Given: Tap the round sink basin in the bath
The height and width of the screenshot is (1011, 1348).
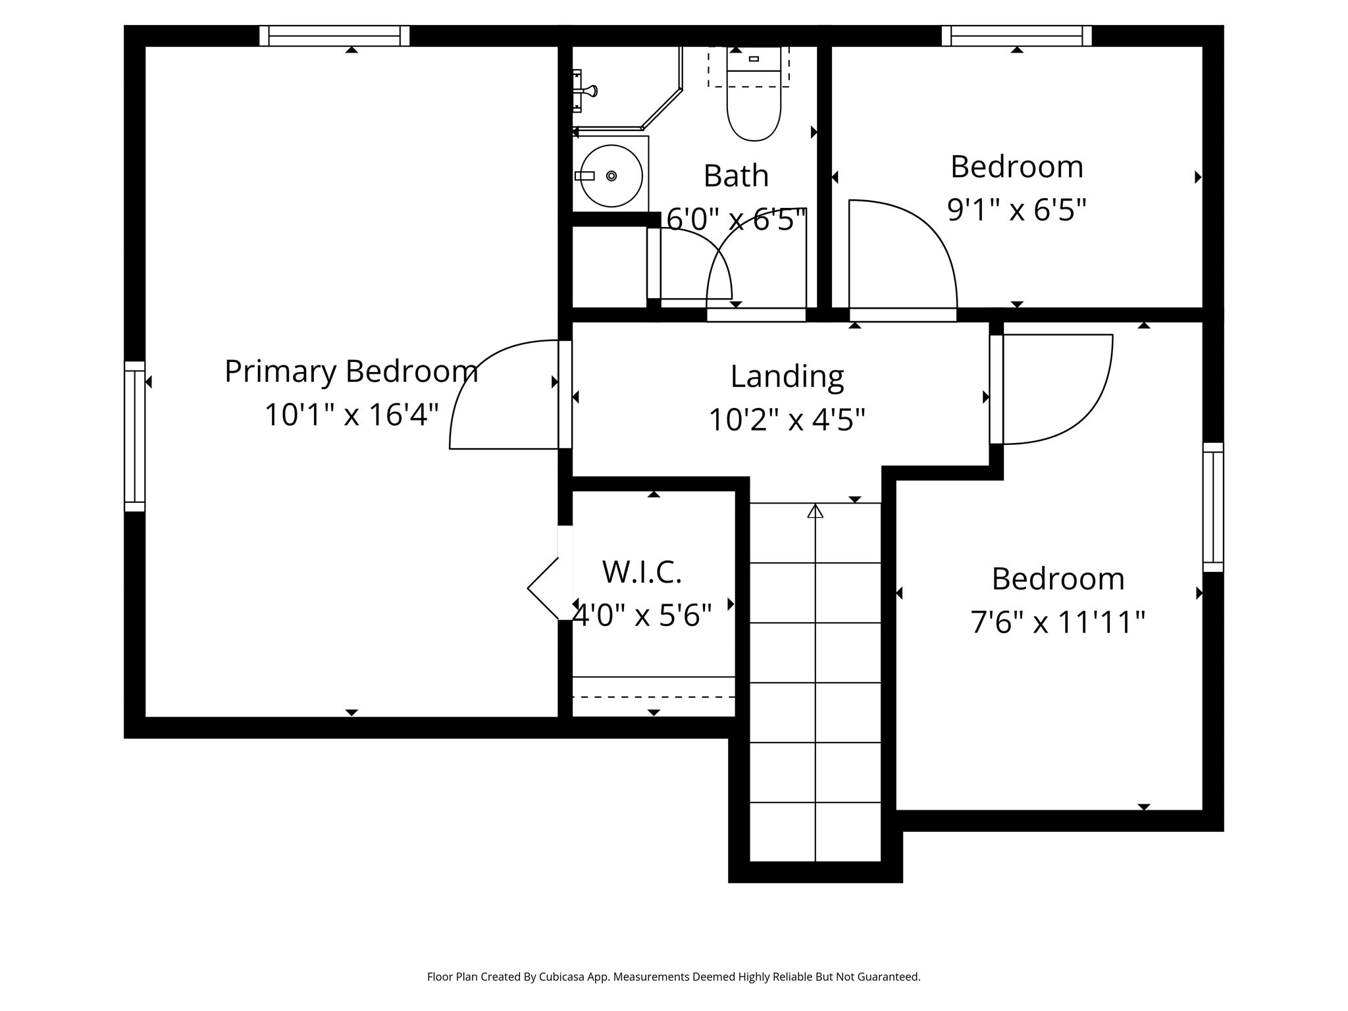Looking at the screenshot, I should coord(611,176).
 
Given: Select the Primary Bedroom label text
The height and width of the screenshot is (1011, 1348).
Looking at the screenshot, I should coord(351,371).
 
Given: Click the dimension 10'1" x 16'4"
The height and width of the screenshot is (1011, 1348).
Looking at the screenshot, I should coord(351,415).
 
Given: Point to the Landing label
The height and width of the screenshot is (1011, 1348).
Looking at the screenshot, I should coord(787,376).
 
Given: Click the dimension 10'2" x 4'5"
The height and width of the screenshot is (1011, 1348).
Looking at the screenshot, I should coord(787,419).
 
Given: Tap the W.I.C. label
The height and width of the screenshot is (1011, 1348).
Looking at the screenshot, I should coord(642,572).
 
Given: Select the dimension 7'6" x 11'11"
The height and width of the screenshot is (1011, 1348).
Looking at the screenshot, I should coord(1058,622).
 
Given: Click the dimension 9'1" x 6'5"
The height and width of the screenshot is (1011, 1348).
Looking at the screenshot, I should coord(1016,210).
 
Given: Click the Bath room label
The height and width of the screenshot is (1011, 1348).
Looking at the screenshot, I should coord(736,176).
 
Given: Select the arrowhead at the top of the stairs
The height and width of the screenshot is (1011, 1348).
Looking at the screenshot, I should coord(816,511).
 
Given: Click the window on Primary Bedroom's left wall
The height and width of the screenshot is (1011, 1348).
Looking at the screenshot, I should coord(134,436).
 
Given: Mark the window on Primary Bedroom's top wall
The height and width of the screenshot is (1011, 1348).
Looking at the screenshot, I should coord(334,36).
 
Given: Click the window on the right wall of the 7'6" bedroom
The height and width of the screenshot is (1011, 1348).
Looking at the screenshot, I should coord(1213,507).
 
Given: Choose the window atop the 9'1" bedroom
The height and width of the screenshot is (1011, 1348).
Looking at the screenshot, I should coord(1016,36).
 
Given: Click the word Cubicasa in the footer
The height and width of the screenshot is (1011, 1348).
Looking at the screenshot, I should coord(564,977).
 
